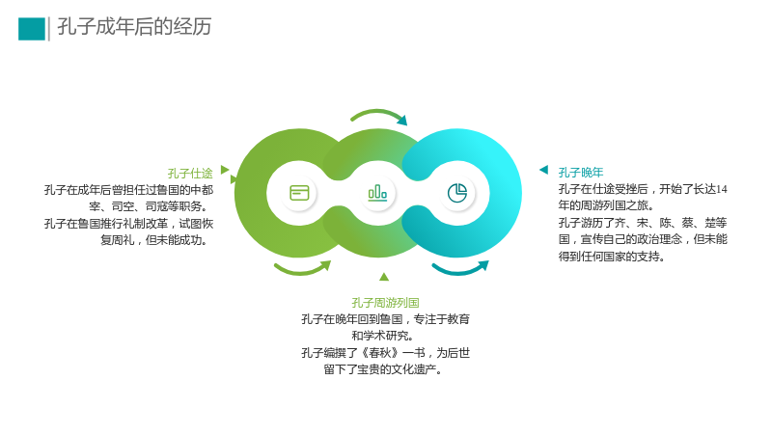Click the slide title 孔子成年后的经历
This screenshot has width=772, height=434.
pyautogui.click(x=134, y=27)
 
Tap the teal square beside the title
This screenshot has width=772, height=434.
pyautogui.click(x=32, y=29)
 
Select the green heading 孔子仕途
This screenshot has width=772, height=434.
pyautogui.click(x=190, y=174)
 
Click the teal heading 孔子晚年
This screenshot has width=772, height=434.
pyautogui.click(x=581, y=173)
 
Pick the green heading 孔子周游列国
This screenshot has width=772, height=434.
pyautogui.click(x=385, y=303)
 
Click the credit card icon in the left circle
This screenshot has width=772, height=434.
pyautogui.click(x=299, y=193)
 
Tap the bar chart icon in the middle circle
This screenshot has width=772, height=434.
pyautogui.click(x=377, y=193)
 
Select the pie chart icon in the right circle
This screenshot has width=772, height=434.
pyautogui.click(x=456, y=193)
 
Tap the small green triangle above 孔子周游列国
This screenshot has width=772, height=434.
pyautogui.click(x=384, y=277)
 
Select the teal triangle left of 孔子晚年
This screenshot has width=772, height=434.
pyautogui.click(x=544, y=170)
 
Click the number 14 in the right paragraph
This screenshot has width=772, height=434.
pyautogui.click(x=721, y=189)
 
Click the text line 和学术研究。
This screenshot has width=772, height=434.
pyautogui.click(x=382, y=336)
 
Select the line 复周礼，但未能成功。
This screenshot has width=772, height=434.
pyautogui.click(x=154, y=240)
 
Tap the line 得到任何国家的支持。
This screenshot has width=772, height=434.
pyautogui.click(x=612, y=257)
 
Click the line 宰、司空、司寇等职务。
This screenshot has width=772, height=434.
pyautogui.click(x=149, y=206)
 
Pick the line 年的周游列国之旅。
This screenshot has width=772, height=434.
pyautogui.click(x=607, y=205)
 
